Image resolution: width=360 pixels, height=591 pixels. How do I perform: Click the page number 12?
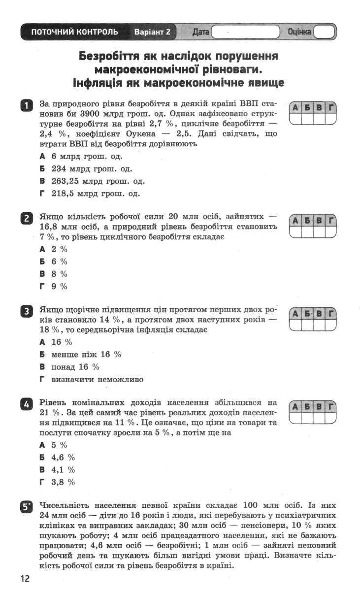click(x=25, y=578)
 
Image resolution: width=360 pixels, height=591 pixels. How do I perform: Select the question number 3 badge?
click(x=26, y=311)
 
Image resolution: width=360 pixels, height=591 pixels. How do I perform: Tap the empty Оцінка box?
click(x=325, y=32)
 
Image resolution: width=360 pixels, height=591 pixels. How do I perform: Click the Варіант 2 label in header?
click(x=152, y=32)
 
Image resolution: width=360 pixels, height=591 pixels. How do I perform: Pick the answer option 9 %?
click(x=59, y=286)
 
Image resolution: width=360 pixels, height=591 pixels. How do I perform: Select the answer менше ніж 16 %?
click(x=86, y=355)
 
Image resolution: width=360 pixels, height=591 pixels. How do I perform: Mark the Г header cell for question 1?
click(x=331, y=107)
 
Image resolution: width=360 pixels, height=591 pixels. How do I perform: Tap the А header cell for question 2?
click(x=295, y=221)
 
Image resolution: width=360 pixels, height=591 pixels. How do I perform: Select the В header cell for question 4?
click(x=319, y=407)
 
